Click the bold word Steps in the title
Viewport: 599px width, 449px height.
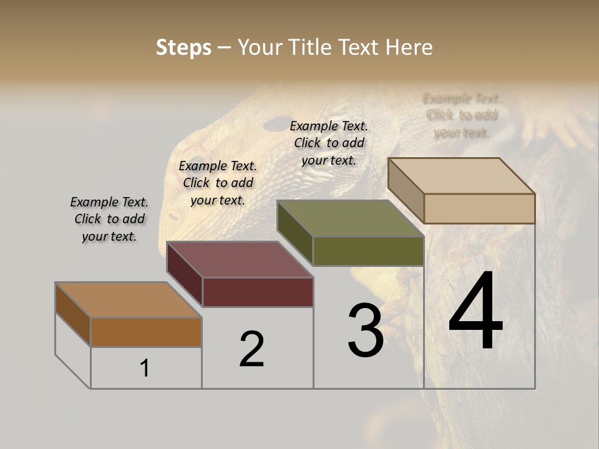[183, 47]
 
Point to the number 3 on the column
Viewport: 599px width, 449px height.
[365, 330]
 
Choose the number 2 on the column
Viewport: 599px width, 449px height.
[251, 349]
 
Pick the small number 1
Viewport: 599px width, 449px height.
[145, 368]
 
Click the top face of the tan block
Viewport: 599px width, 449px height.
[460, 175]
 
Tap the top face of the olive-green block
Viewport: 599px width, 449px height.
[349, 218]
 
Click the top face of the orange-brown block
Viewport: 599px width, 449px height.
[129, 299]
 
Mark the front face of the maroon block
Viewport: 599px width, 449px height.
[258, 292]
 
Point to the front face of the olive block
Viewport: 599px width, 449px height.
[368, 251]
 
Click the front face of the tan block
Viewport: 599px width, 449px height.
[479, 208]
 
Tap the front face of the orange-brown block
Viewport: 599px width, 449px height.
[146, 332]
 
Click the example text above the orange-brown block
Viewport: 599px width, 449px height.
[109, 219]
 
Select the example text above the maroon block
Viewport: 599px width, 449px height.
[218, 183]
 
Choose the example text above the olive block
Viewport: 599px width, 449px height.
[329, 143]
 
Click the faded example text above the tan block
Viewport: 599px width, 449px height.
[462, 115]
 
